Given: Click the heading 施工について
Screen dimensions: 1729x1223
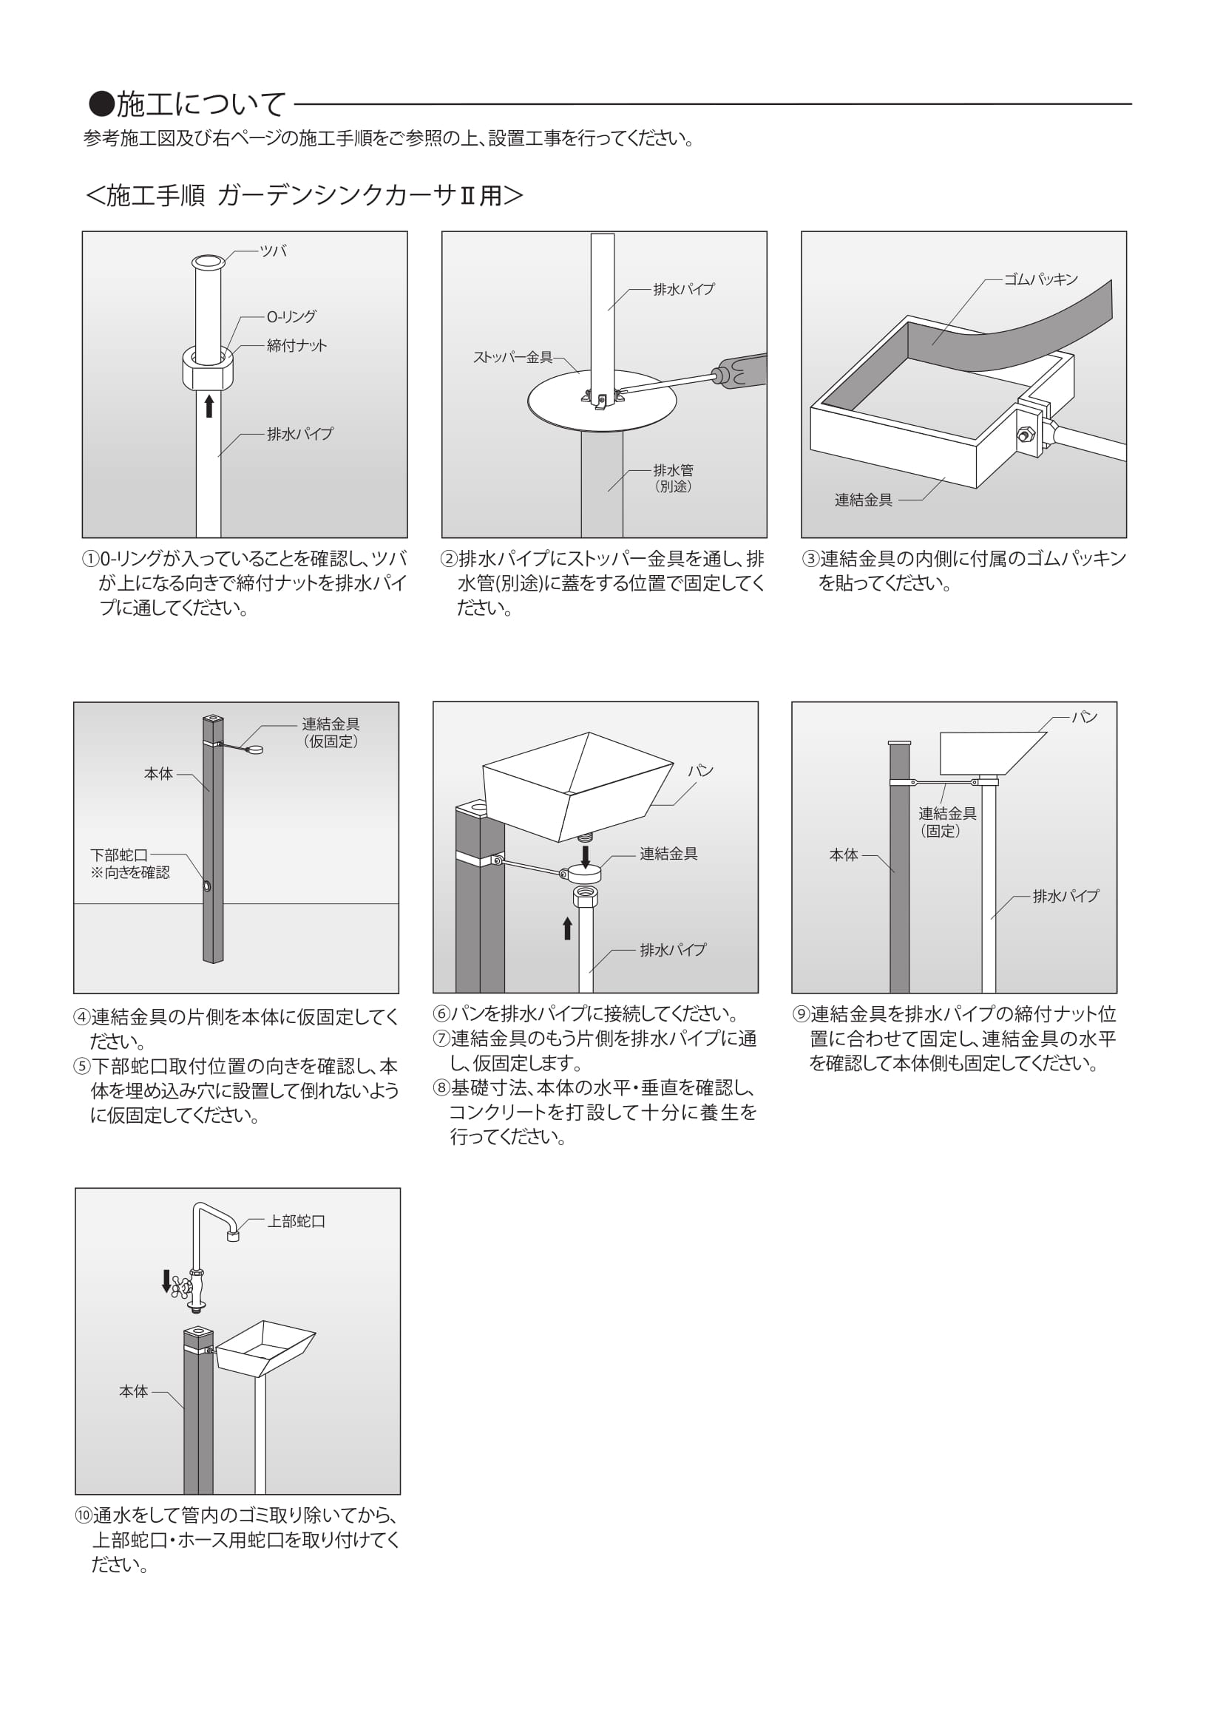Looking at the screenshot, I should [x=189, y=104].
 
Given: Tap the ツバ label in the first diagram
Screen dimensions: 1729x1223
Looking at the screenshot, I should [x=273, y=251].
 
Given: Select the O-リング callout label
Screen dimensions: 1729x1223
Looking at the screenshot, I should [x=291, y=317].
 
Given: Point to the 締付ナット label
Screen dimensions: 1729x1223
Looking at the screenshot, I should [x=297, y=346].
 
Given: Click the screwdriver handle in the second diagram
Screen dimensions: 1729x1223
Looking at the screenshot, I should [x=742, y=370].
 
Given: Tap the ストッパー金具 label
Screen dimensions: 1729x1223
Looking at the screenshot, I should [x=512, y=357].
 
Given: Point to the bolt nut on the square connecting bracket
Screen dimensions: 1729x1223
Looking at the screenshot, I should [x=1024, y=435].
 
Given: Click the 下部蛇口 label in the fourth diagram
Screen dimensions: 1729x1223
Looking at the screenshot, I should [x=119, y=855].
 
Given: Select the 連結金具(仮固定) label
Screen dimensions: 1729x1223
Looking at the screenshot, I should [x=331, y=732].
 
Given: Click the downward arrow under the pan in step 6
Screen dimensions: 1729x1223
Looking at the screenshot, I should [x=585, y=855].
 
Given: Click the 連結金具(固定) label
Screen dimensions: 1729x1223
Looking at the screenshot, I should [x=946, y=821].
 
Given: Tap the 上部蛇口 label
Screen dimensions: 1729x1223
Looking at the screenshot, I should [x=297, y=1221].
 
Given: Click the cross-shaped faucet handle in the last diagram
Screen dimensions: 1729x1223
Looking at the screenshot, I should [x=181, y=1287].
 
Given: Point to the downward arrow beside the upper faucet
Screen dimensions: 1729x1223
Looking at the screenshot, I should [x=166, y=1280].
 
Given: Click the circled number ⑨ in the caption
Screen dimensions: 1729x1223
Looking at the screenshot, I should [x=802, y=1014].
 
